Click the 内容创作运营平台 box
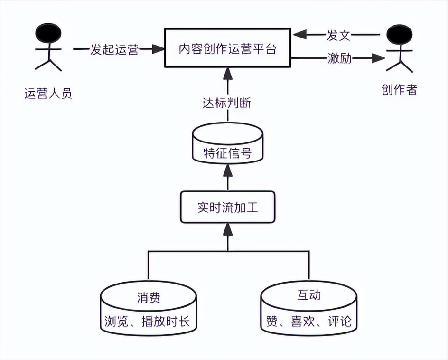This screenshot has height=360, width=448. point(227,48)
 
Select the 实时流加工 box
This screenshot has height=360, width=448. point(227,208)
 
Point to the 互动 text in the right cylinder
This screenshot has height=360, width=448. point(309,295)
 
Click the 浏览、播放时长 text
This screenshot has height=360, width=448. point(148,322)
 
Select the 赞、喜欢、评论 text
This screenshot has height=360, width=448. point(308,322)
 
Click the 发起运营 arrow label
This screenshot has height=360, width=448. point(114,49)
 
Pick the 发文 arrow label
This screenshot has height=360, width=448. point(338,35)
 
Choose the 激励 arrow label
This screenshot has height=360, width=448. point(340,58)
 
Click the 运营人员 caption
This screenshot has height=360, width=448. point(48,93)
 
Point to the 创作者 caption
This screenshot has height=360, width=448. point(399,89)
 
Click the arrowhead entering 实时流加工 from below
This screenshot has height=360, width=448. point(228,230)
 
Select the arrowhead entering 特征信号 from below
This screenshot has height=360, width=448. point(228,168)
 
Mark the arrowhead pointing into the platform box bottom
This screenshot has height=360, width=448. point(228,73)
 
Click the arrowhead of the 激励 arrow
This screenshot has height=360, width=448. point(378,58)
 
